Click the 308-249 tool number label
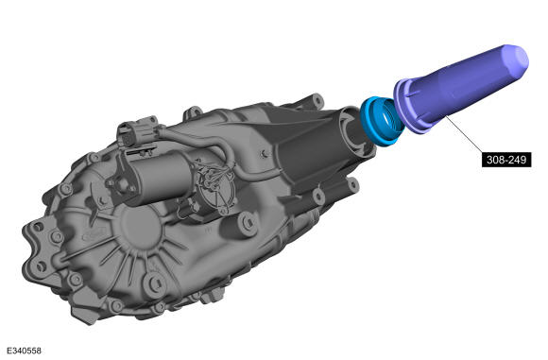tap(506, 160)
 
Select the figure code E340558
tap(24, 351)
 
